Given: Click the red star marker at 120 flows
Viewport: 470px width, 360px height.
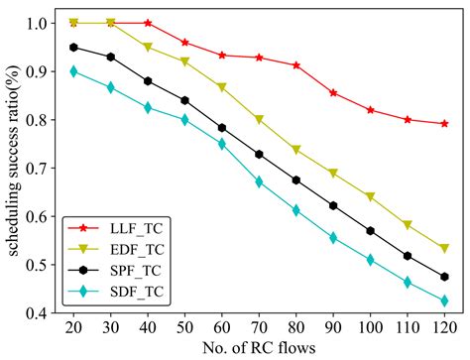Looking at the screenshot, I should point(443,124).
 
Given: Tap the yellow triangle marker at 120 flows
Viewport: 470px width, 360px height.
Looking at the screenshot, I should point(443,248).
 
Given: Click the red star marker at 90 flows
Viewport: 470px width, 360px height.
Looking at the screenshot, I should point(333,93).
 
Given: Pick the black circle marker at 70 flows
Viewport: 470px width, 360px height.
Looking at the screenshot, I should point(259,155).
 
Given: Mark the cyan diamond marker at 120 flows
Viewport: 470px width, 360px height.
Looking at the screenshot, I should point(443,300).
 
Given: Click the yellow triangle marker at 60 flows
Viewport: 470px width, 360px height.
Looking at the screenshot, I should point(222,87).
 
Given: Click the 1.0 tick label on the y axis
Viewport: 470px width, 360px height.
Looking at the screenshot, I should point(40,23).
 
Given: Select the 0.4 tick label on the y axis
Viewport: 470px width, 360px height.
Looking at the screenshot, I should point(40,313).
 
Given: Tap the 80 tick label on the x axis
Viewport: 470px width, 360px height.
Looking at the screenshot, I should point(295,327).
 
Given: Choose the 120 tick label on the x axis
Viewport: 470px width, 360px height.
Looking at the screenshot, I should point(443,327).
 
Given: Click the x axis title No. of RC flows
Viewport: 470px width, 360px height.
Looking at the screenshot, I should point(259,347).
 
